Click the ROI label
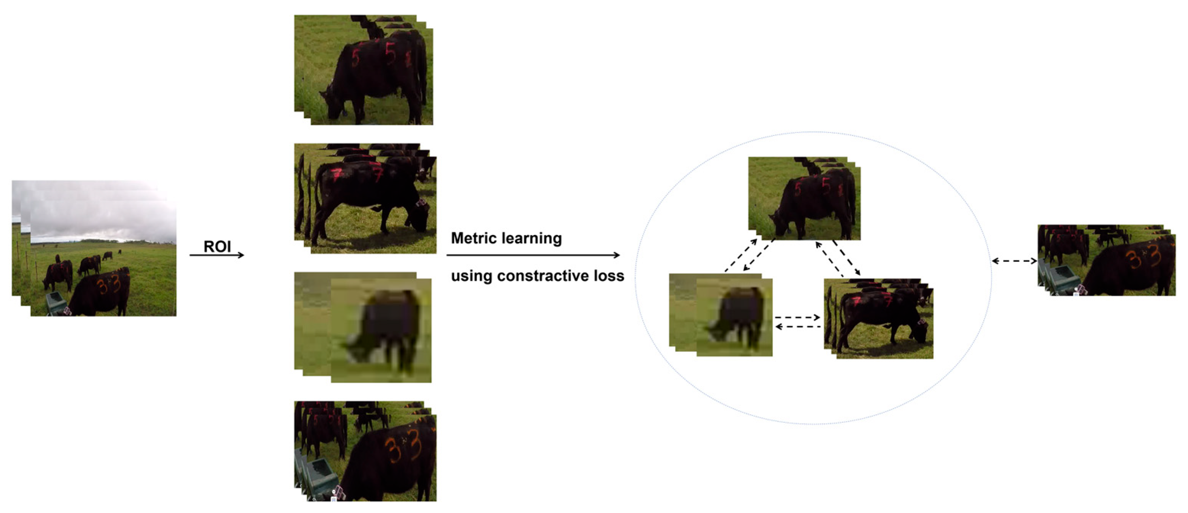(x=217, y=247)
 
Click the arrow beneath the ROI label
(x=216, y=255)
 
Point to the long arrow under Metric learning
(x=533, y=255)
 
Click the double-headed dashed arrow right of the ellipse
(x=1014, y=261)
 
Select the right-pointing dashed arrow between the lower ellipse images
(x=797, y=317)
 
